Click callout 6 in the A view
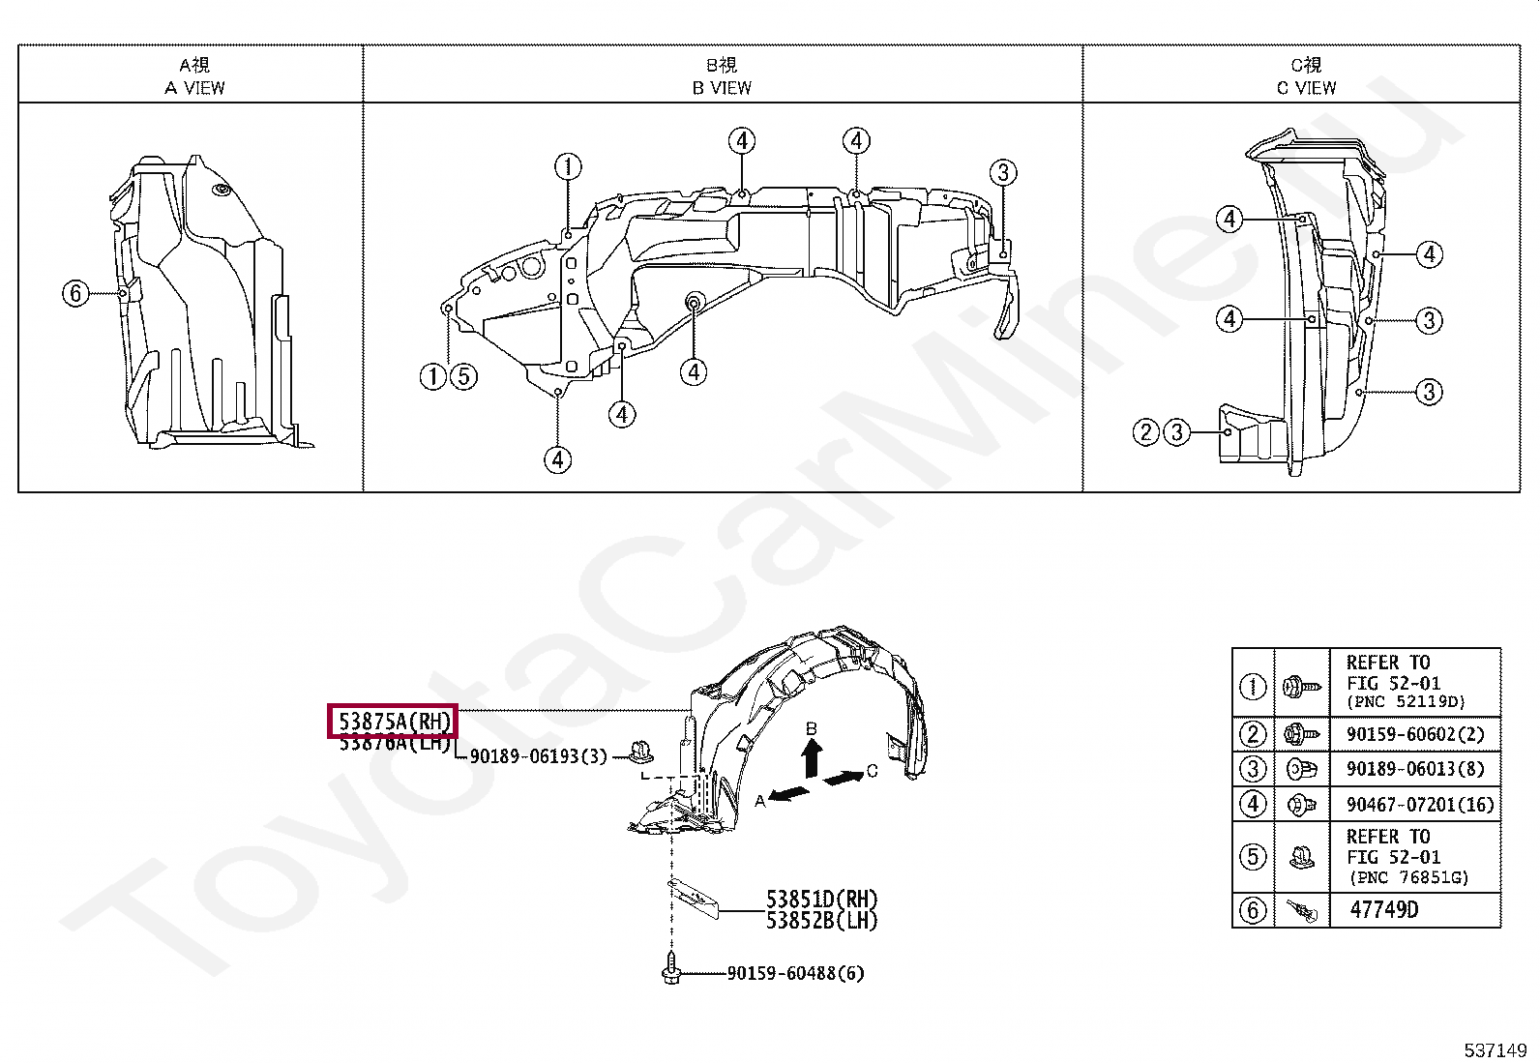(x=75, y=292)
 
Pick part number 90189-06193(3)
(x=538, y=756)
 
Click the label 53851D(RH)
(x=821, y=900)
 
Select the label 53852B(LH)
(x=821, y=921)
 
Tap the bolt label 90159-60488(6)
(x=795, y=973)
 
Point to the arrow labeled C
(x=844, y=777)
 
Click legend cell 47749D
(x=1384, y=909)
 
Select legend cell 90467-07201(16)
(x=1419, y=804)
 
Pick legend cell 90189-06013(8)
(x=1414, y=769)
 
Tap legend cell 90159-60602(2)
(x=1414, y=734)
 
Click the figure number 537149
(x=1495, y=1050)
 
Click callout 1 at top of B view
(x=568, y=166)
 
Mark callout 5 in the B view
(x=464, y=375)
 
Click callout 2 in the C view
(x=1145, y=431)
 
